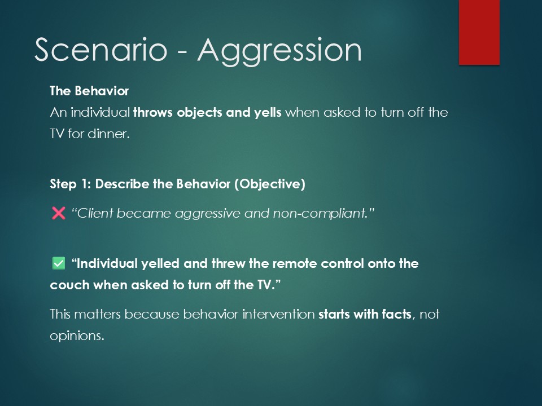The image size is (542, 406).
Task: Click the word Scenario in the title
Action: pos(101,50)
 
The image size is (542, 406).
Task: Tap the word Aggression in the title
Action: pos(279,52)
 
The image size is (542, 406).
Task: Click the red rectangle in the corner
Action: pos(479,32)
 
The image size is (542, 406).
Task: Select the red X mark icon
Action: pos(58,213)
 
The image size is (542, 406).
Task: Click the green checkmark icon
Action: pos(58,263)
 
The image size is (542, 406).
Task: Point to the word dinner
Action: pos(108,134)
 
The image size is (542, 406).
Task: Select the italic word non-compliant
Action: pos(320,214)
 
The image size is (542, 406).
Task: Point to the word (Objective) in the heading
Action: pos(270,184)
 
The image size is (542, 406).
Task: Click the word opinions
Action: pos(77,336)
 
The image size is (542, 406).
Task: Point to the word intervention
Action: pos(278,314)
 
